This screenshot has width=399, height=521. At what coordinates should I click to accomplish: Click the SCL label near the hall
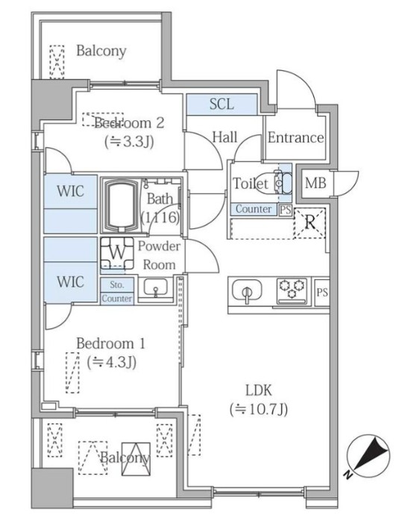pyautogui.click(x=222, y=104)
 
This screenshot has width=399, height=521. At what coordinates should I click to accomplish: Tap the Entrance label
pyautogui.click(x=295, y=137)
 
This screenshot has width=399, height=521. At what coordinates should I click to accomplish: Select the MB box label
pyautogui.click(x=313, y=182)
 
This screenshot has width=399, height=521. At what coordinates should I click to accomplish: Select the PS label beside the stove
pyautogui.click(x=321, y=292)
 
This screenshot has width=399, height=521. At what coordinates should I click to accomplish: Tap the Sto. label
pyautogui.click(x=117, y=284)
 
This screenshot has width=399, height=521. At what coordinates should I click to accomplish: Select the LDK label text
pyautogui.click(x=257, y=389)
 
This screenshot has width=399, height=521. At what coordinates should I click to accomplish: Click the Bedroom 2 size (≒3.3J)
pyautogui.click(x=129, y=141)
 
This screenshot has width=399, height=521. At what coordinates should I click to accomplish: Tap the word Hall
pyautogui.click(x=224, y=137)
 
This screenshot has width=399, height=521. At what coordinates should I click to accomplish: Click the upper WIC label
pyautogui.click(x=71, y=191)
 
